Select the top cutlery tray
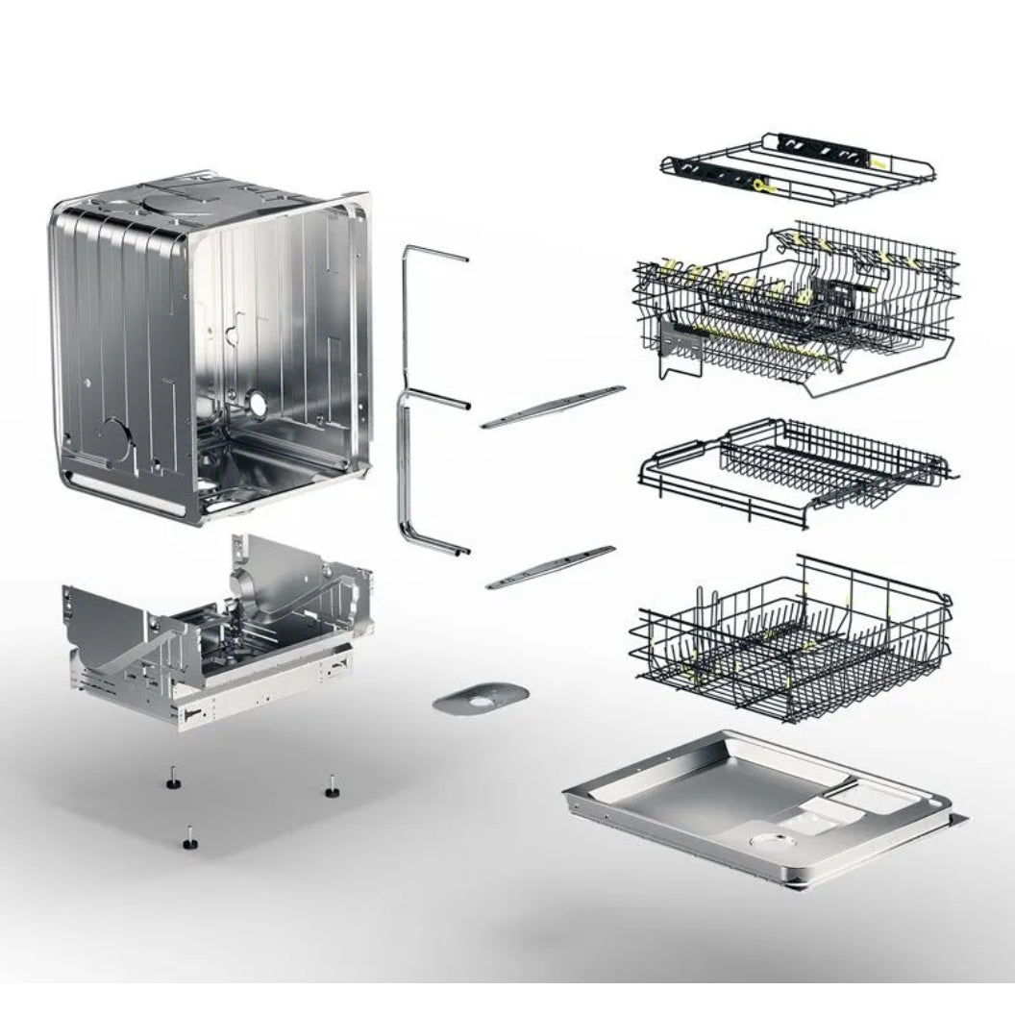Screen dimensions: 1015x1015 pyautogui.click(x=798, y=167)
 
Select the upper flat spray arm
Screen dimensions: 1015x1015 pyautogui.click(x=553, y=407)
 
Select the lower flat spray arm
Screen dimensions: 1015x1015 pyautogui.click(x=550, y=567)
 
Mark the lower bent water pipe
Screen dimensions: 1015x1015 pyautogui.click(x=423, y=481)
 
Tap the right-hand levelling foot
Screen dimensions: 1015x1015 pyautogui.click(x=332, y=787)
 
